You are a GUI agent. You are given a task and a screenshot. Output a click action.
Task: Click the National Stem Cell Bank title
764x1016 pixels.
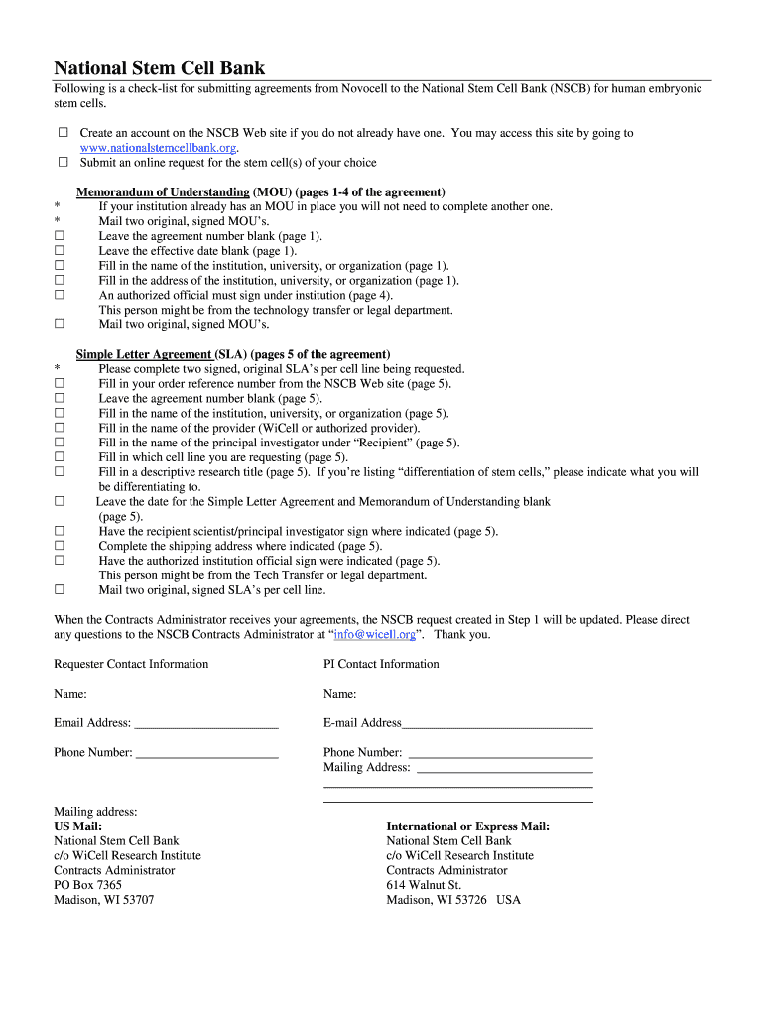click(159, 68)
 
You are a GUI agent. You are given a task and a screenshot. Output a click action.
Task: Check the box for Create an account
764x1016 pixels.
click(63, 133)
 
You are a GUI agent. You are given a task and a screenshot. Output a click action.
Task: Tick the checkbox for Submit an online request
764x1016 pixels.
click(63, 162)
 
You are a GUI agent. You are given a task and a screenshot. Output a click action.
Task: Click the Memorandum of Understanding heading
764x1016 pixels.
click(163, 191)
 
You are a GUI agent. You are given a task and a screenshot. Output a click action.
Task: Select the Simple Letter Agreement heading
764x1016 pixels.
click(145, 354)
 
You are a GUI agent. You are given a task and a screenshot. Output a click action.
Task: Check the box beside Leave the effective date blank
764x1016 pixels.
click(59, 251)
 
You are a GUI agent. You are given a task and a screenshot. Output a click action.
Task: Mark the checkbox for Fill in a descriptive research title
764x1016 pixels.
click(59, 472)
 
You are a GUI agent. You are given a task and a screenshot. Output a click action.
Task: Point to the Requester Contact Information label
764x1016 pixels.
click(131, 664)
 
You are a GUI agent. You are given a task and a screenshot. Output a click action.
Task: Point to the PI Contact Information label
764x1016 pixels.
click(381, 664)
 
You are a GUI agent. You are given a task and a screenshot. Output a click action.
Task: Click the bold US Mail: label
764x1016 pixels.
click(77, 826)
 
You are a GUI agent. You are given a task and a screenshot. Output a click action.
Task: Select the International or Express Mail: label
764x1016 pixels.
click(467, 826)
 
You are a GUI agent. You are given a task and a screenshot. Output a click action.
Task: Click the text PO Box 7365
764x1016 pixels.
click(87, 885)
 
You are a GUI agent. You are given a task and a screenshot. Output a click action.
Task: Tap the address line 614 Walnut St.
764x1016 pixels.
click(424, 885)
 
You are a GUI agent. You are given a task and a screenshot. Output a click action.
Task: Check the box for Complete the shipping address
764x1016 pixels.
click(59, 546)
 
